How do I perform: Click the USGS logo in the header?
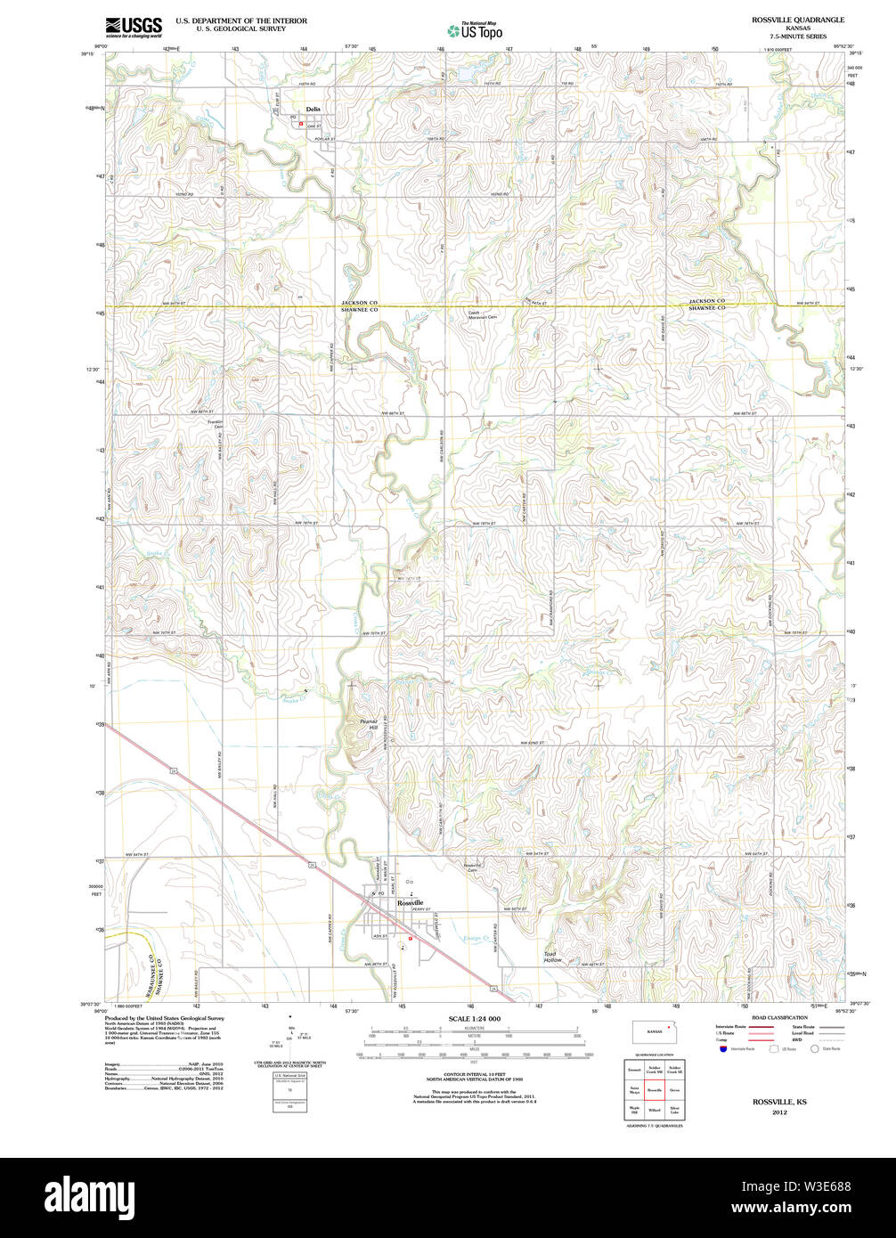[x=134, y=26]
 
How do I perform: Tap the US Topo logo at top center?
[x=475, y=30]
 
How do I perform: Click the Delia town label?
[x=313, y=110]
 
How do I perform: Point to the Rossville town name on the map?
[x=411, y=902]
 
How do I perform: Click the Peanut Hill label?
[x=369, y=724]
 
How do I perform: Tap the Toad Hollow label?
[x=555, y=957]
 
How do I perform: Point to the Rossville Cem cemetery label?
[x=472, y=867]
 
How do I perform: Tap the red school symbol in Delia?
[x=301, y=124]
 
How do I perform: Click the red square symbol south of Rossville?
[x=410, y=938]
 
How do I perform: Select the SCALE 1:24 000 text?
[x=474, y=1018]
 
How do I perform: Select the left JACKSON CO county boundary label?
[x=361, y=303]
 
